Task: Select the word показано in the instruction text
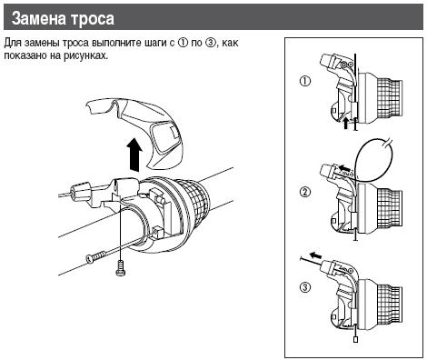point(28,55)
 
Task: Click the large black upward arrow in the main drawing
point(134,152)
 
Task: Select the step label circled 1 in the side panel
point(304,80)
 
